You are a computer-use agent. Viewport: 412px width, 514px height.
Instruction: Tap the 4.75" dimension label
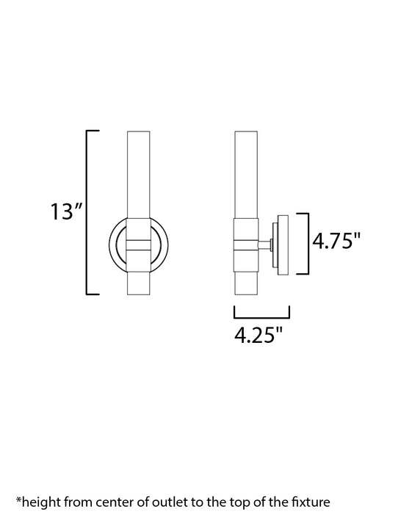[337, 241]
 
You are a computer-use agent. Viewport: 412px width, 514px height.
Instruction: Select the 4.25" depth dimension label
[258, 336]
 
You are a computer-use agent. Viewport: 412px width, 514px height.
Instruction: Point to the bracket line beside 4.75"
[306, 244]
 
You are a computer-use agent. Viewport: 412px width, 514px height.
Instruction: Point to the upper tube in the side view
[245, 173]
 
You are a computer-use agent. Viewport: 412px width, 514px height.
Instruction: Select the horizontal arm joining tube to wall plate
[264, 244]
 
